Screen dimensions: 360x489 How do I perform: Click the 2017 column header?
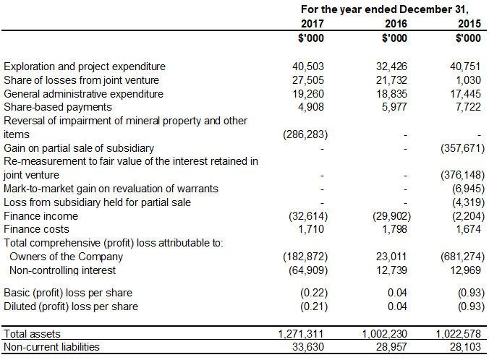(x=312, y=24)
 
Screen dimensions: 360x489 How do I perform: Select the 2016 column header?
(x=392, y=24)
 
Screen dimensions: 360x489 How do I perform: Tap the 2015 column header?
(x=470, y=24)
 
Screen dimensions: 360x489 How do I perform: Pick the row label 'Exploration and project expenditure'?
(x=85, y=67)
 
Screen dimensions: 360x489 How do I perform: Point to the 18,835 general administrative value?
(x=391, y=93)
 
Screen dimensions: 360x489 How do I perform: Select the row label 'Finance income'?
(x=41, y=216)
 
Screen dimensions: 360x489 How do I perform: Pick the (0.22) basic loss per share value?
(x=310, y=293)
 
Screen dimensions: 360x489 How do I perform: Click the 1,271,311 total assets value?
(x=301, y=334)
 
